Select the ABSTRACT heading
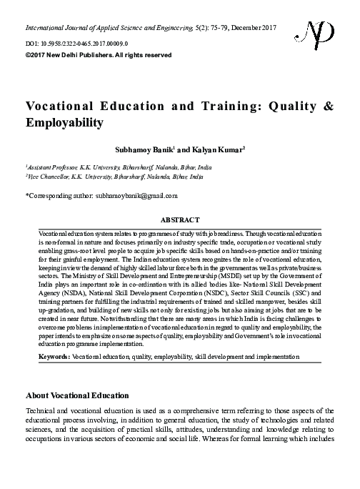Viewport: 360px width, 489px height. point(179,222)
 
